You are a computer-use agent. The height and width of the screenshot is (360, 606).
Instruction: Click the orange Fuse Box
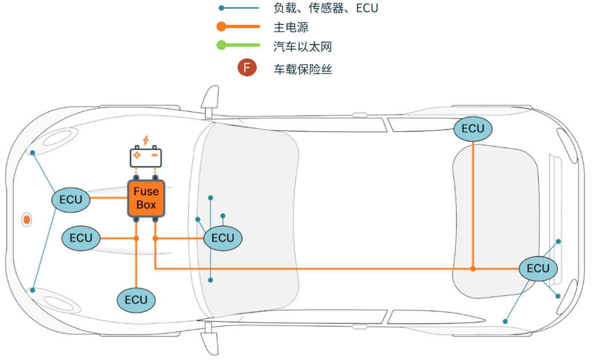pyautogui.click(x=146, y=198)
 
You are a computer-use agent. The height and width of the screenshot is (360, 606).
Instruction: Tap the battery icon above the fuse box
pyautogui.click(x=146, y=156)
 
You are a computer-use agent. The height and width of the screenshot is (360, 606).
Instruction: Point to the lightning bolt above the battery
pyautogui.click(x=146, y=140)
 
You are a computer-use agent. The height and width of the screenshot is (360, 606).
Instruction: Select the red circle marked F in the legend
pyautogui.click(x=247, y=68)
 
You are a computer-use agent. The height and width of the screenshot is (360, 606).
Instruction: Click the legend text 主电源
pyautogui.click(x=291, y=27)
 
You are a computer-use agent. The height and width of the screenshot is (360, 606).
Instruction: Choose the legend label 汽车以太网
pyautogui.click(x=302, y=46)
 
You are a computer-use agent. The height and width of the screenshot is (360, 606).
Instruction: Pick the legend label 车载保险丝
pyautogui.click(x=302, y=70)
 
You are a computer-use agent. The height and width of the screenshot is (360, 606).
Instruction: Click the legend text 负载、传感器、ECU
pyautogui.click(x=326, y=8)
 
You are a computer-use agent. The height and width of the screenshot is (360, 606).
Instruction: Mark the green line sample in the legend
pyautogui.click(x=240, y=46)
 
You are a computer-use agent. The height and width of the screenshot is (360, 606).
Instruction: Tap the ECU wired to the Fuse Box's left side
pyautogui.click(x=71, y=200)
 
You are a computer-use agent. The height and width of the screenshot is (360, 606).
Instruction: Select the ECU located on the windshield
pyautogui.click(x=223, y=238)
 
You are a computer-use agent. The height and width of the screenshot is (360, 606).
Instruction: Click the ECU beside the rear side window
pyautogui.click(x=472, y=128)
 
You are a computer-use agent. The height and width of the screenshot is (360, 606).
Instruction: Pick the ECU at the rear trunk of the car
pyautogui.click(x=538, y=268)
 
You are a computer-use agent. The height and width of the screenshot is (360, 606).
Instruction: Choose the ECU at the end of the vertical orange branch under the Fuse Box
pyautogui.click(x=136, y=300)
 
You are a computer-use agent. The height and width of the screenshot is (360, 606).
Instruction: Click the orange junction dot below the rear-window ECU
pyautogui.click(x=473, y=268)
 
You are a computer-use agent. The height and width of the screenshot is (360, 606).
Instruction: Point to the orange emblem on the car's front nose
pyautogui.click(x=27, y=220)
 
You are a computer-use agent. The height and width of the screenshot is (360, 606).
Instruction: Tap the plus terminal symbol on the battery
pyautogui.click(x=137, y=155)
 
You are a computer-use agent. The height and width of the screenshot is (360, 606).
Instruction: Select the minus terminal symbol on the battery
pyautogui.click(x=155, y=155)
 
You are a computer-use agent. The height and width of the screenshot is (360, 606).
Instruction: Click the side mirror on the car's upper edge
pyautogui.click(x=211, y=101)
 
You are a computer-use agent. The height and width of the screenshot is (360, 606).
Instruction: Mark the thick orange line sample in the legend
pyautogui.click(x=240, y=26)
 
